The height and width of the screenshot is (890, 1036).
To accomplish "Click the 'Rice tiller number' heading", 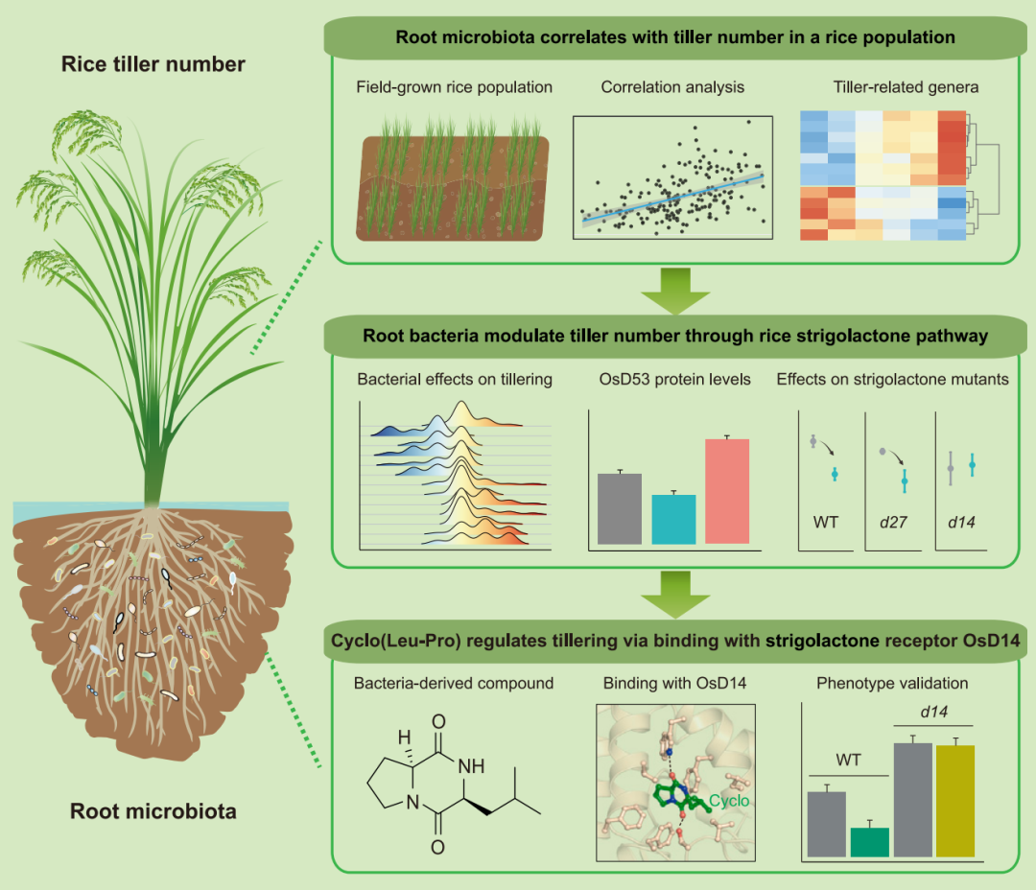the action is (153, 65).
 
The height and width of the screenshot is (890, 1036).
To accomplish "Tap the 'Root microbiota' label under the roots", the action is (153, 812).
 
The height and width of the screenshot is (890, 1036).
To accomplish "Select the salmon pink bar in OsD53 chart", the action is (740, 491).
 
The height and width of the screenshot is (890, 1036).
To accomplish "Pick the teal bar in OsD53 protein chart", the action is (673, 519).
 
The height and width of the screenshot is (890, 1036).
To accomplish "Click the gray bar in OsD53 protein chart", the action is (619, 508).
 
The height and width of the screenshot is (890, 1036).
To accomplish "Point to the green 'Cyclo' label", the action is (729, 800).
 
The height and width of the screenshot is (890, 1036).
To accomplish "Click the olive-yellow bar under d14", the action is (954, 801).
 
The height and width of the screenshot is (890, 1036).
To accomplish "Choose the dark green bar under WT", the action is (869, 841).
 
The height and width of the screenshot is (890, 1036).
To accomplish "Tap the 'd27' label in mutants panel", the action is (892, 523).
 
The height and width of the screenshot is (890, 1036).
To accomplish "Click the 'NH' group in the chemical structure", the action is (481, 765).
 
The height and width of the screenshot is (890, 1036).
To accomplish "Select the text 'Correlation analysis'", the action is (672, 87).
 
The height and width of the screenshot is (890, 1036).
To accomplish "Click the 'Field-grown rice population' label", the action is (454, 87).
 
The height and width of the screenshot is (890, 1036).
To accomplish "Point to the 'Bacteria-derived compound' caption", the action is (454, 684).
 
